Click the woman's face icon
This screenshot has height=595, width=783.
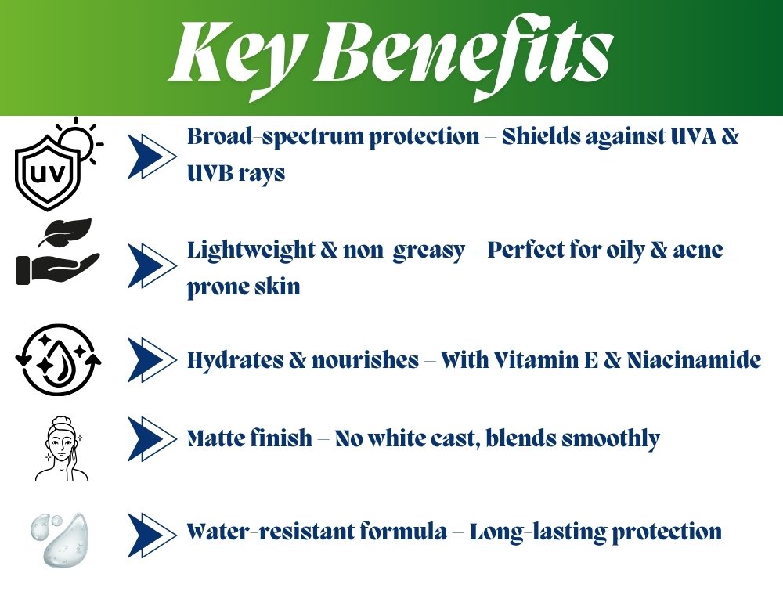coord(61,449)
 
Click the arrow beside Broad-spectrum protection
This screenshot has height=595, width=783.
coord(152,157)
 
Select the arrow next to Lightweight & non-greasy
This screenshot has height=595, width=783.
coord(152,265)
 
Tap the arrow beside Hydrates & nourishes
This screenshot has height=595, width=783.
coord(152,360)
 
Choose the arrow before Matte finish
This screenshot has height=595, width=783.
coord(152,438)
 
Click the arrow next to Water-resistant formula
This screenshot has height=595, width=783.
coord(152,535)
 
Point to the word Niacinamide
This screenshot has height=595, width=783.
coord(694,360)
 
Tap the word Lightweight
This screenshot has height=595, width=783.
coord(251,250)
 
